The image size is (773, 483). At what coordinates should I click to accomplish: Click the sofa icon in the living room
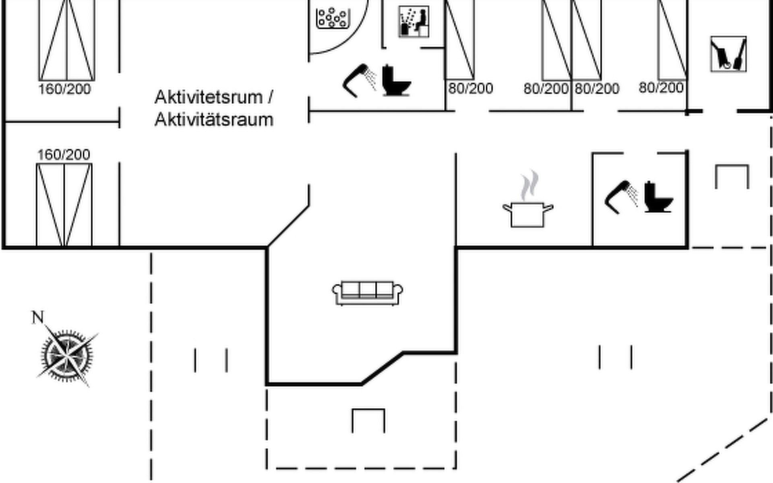click(x=367, y=293)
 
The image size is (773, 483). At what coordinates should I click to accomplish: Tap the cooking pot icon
click(x=527, y=214)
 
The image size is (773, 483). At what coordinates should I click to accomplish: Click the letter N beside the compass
click(x=37, y=317)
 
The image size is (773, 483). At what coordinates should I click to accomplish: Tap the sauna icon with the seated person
click(x=413, y=21)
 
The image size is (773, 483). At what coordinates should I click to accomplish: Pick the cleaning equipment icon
click(x=728, y=54)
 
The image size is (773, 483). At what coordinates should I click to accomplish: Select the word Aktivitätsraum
click(x=214, y=120)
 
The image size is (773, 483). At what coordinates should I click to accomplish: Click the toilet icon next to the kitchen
click(x=658, y=197)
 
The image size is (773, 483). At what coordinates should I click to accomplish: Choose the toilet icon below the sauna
click(x=396, y=80)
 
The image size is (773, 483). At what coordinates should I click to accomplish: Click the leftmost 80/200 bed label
click(x=471, y=88)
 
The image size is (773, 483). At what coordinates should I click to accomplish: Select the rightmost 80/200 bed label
click(x=661, y=87)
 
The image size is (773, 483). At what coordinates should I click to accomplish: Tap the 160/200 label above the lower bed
click(x=64, y=155)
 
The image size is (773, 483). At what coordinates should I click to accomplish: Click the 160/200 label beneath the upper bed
click(x=64, y=89)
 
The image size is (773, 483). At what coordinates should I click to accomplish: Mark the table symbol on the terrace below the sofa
click(x=368, y=420)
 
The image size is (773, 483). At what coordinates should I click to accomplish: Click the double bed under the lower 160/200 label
click(x=64, y=204)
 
